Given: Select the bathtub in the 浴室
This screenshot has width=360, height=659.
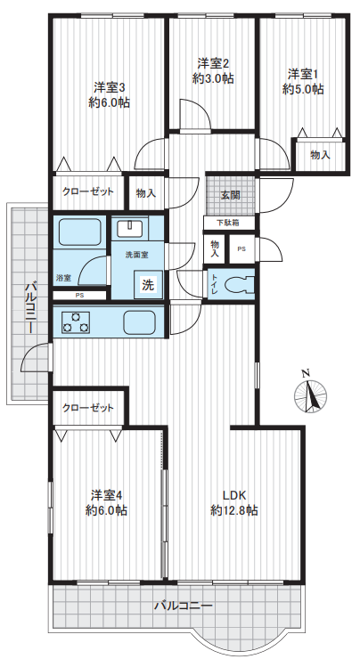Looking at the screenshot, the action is pyautogui.click(x=79, y=232).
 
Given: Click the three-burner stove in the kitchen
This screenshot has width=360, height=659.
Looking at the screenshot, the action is pyautogui.click(x=76, y=322).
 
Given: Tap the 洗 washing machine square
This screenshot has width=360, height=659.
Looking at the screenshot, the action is pyautogui.click(x=148, y=285).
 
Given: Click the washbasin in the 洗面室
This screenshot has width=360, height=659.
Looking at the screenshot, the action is pyautogui.click(x=130, y=229).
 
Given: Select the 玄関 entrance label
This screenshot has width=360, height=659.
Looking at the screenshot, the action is pyautogui.click(x=231, y=195).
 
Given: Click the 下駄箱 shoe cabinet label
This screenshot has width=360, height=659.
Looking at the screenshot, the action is pyautogui.click(x=228, y=224).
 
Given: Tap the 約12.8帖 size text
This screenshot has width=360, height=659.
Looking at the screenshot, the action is pyautogui.click(x=233, y=510).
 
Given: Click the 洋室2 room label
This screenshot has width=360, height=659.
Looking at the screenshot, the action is pyautogui.click(x=213, y=63).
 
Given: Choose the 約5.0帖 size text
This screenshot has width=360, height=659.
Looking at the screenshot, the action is pyautogui.click(x=303, y=89).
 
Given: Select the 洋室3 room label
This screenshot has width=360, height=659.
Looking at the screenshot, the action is pyautogui.click(x=109, y=87).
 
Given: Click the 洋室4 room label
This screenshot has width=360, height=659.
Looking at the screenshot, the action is pyautogui.click(x=107, y=495).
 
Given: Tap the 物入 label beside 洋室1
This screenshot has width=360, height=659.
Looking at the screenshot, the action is pyautogui.click(x=321, y=155).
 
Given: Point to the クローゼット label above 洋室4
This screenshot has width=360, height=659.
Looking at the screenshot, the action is pyautogui.click(x=88, y=408).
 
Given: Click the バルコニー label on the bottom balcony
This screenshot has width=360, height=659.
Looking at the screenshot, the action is pyautogui.click(x=183, y=606).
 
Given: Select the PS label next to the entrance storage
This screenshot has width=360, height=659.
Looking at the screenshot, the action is pyautogui.click(x=241, y=249).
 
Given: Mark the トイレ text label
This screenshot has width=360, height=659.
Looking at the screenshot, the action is pyautogui.click(x=215, y=285).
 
